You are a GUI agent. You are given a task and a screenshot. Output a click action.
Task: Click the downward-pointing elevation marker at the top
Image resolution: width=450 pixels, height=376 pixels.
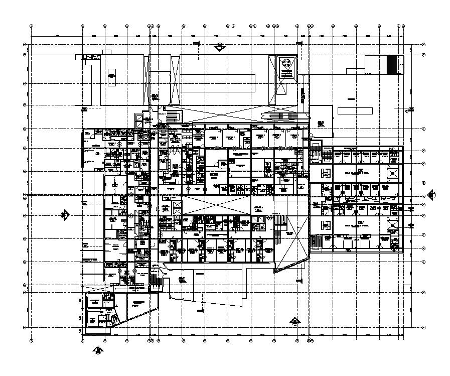[219, 48]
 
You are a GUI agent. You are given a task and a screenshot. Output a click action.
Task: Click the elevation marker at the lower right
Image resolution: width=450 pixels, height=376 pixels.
[295, 321]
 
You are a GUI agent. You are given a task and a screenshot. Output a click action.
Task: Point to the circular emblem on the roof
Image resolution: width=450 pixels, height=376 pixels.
[286, 64]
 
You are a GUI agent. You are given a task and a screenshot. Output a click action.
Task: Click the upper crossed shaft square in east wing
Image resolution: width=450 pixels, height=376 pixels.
[392, 174]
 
